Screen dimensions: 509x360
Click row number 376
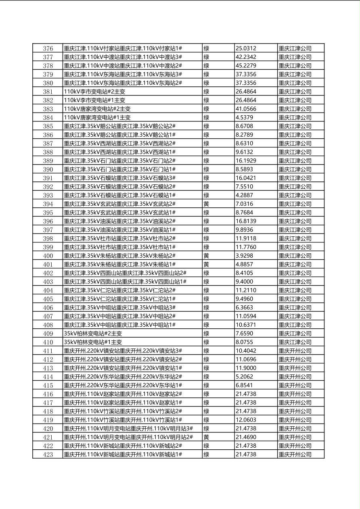point(48,48)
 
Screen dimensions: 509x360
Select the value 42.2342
point(246,57)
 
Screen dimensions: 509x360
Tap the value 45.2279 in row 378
point(246,66)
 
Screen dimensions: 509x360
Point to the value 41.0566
point(246,109)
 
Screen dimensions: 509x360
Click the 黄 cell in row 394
point(206,204)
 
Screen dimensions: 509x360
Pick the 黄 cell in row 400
point(206,256)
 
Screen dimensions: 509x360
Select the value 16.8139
point(246,221)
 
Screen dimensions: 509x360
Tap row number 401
point(48,264)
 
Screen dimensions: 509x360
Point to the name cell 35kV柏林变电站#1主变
point(93,342)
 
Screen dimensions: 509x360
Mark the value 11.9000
point(246,368)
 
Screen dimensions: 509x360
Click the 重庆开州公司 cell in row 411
point(295,351)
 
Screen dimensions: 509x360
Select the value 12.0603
point(246,420)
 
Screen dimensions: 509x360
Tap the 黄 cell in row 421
point(206,437)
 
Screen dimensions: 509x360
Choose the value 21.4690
point(246,437)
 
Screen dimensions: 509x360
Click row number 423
point(48,455)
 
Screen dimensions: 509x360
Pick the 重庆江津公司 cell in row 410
point(295,342)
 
